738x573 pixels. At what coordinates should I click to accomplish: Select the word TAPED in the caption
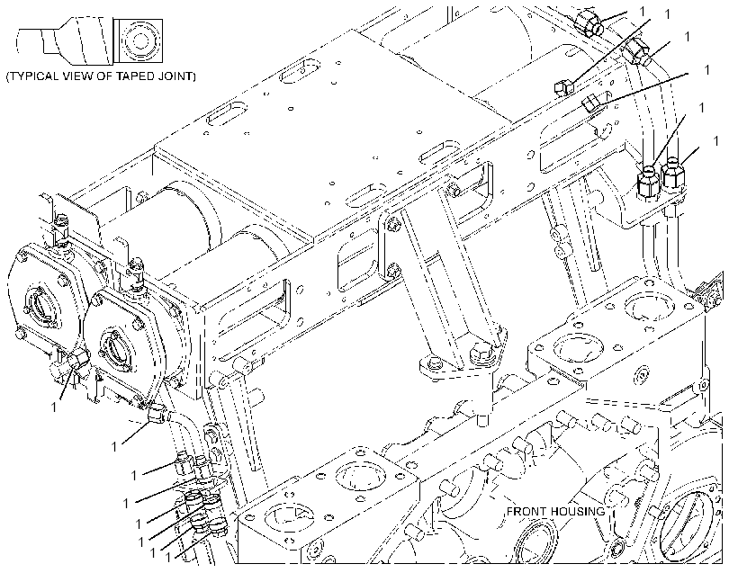[x=138, y=76]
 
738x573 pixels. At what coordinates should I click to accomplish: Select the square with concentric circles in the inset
[x=138, y=41]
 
